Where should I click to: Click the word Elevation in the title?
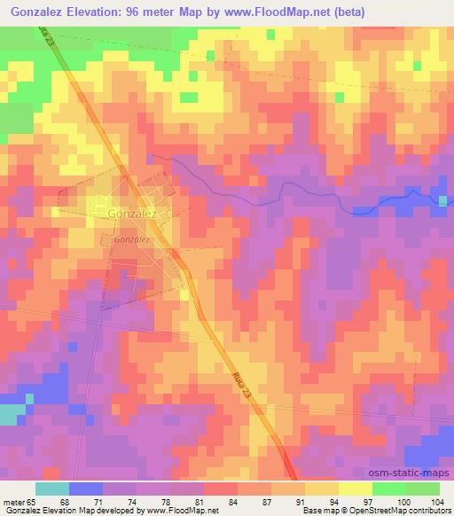click(x=93, y=12)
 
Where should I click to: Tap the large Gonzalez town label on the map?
click(x=132, y=214)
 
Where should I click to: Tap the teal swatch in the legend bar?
click(x=52, y=489)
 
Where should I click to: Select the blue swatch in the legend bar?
click(x=86, y=489)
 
